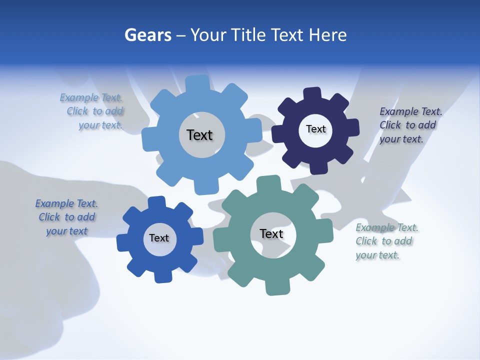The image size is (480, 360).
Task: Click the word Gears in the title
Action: [147, 35]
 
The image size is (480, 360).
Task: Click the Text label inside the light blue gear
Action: [199, 135]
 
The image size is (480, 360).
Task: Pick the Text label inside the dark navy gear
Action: [315, 129]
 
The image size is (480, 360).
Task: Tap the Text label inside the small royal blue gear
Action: [159, 238]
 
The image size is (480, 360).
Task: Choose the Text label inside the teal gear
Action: [271, 233]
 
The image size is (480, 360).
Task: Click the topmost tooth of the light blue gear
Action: [198, 83]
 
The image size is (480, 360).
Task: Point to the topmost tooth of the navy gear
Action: [312, 94]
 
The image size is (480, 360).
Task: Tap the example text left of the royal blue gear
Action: [66, 217]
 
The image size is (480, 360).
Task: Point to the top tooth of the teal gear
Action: [268, 182]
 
